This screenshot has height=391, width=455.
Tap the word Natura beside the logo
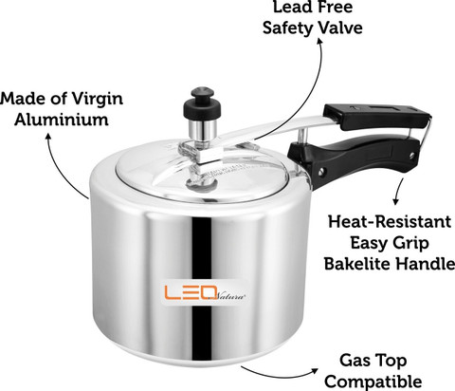[231, 296]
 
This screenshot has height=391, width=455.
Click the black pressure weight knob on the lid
[202, 102]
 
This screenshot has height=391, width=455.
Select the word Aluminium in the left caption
[62, 120]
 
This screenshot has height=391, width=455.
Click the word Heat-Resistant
[390, 221]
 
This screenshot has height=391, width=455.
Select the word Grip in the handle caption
[411, 244]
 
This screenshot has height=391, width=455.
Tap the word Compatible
[373, 382]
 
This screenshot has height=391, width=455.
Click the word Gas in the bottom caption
[354, 361]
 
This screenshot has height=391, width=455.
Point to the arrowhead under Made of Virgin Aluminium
[48, 137]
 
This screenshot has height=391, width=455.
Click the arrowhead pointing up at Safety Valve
[320, 43]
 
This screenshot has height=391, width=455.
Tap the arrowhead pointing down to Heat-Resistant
[395, 201]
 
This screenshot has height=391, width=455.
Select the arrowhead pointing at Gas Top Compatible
[315, 370]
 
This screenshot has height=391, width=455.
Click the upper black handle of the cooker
[376, 116]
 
